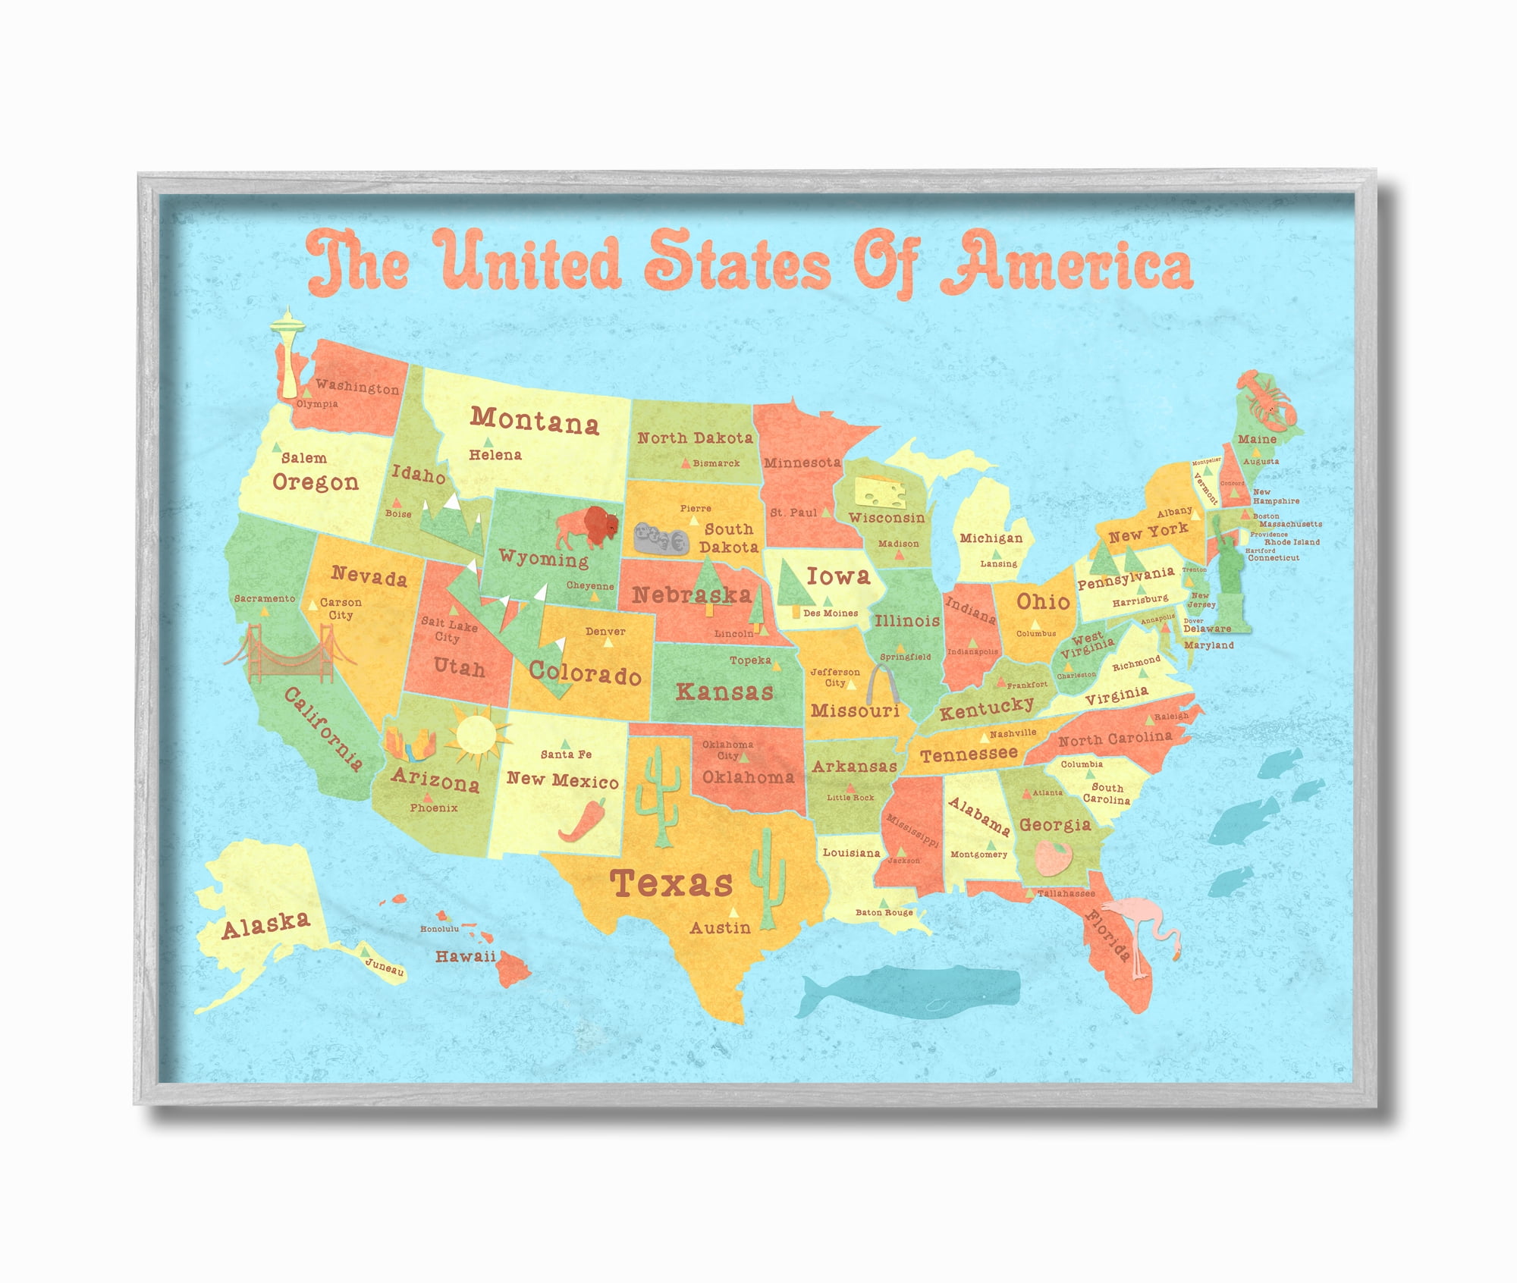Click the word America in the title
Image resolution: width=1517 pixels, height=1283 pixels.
click(1065, 262)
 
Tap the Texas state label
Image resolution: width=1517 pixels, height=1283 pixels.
click(671, 883)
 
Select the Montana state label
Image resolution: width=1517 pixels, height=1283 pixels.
click(534, 420)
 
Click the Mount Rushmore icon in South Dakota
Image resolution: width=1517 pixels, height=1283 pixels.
click(661, 538)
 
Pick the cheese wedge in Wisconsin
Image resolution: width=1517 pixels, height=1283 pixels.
click(880, 492)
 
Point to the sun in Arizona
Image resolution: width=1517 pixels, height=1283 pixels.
click(476, 734)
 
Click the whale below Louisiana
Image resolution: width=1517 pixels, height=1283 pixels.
click(910, 989)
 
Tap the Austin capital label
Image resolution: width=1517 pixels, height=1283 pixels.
click(720, 927)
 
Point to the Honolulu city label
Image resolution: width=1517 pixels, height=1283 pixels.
click(440, 929)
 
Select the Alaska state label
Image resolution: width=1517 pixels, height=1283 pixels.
click(265, 924)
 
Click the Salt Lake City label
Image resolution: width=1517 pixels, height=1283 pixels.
click(449, 630)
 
